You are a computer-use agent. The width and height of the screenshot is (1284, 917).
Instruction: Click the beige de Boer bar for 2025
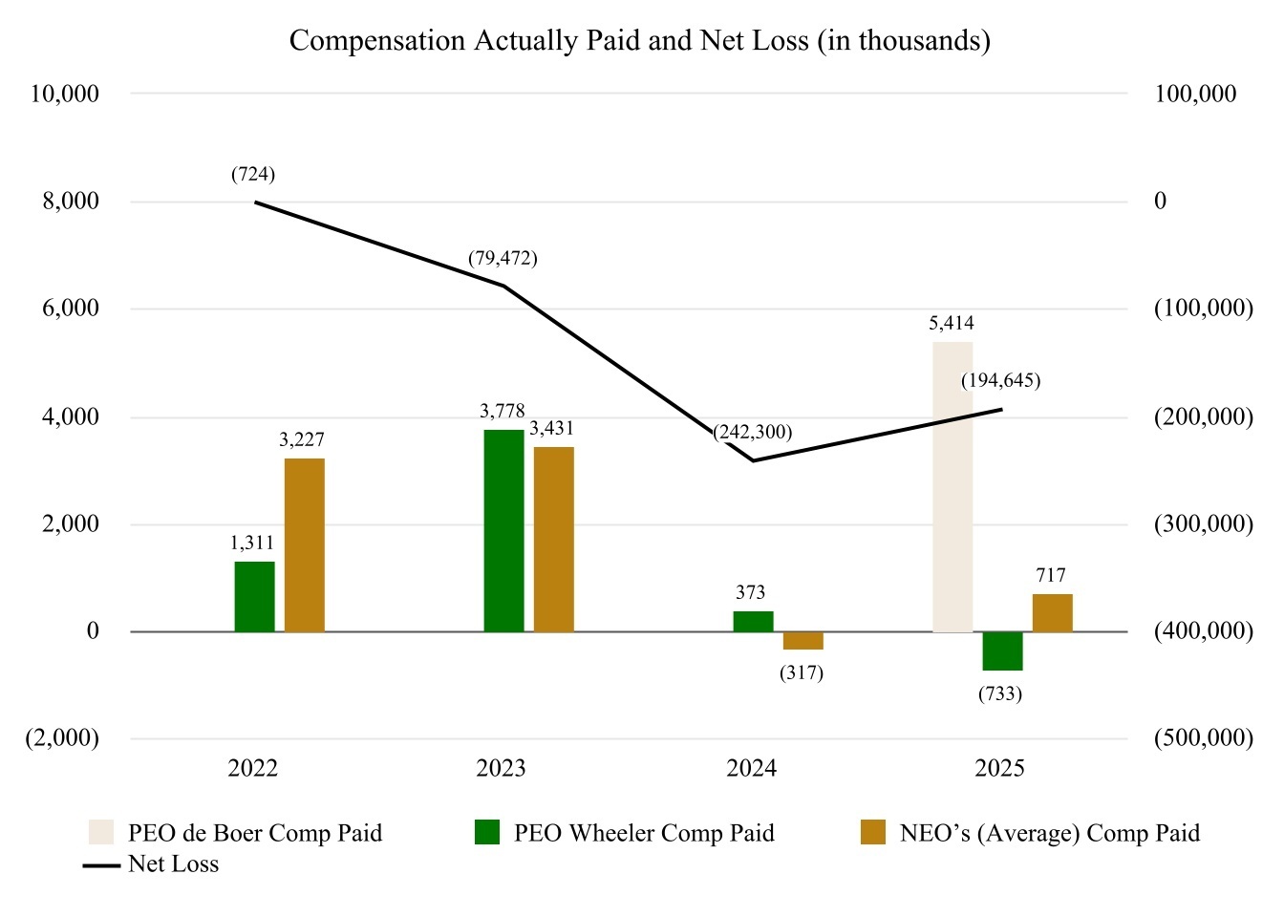point(952,486)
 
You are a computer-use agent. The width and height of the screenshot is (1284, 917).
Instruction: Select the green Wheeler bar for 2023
point(503,531)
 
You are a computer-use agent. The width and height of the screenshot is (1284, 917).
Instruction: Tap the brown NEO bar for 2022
point(305,545)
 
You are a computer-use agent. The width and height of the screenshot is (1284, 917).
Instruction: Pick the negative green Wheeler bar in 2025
point(1002,651)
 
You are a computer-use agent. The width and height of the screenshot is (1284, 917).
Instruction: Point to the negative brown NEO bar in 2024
point(803,641)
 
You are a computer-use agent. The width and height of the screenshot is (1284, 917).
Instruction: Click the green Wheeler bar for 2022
point(254,597)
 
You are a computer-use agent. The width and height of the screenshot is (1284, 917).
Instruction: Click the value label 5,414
point(951,323)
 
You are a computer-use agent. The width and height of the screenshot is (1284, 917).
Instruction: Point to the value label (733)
point(1000,693)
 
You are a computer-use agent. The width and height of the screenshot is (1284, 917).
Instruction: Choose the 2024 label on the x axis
point(752,768)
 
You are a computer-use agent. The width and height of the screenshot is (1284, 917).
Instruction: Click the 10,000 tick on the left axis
point(65,94)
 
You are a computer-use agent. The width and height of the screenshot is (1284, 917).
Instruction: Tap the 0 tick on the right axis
point(1160,201)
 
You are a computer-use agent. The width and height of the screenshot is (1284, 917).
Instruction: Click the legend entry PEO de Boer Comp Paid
point(235,833)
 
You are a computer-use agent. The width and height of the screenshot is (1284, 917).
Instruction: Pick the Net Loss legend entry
point(151,864)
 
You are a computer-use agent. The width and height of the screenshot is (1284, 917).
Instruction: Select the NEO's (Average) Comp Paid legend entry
point(1030,833)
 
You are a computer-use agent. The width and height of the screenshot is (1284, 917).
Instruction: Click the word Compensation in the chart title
point(377,41)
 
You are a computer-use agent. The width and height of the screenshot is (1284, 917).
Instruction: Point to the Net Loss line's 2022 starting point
point(255,202)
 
